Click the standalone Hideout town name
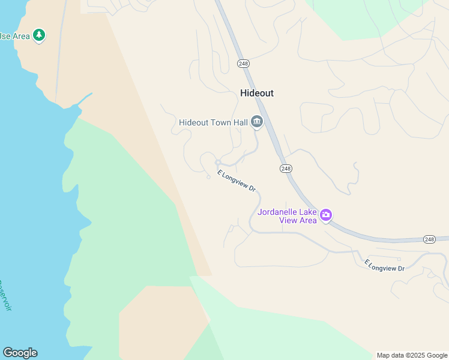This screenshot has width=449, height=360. click(x=256, y=93)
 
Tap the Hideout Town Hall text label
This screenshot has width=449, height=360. click(x=213, y=122)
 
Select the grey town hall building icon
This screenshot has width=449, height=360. click(x=257, y=122)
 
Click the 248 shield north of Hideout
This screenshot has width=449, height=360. click(x=243, y=64)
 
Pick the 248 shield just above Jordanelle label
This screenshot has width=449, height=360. click(x=286, y=169)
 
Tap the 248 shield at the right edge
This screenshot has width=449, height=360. click(x=429, y=239)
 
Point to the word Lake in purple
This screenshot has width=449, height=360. click(x=309, y=212)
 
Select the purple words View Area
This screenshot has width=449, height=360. click(x=298, y=220)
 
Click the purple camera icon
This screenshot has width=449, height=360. click(x=326, y=215)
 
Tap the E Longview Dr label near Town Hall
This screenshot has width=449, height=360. click(x=237, y=181)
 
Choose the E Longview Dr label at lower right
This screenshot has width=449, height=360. click(x=385, y=265)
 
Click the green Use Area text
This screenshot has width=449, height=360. click(x=13, y=36)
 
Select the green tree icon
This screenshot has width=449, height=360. click(x=39, y=35)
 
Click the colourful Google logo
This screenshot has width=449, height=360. click(x=20, y=353)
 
